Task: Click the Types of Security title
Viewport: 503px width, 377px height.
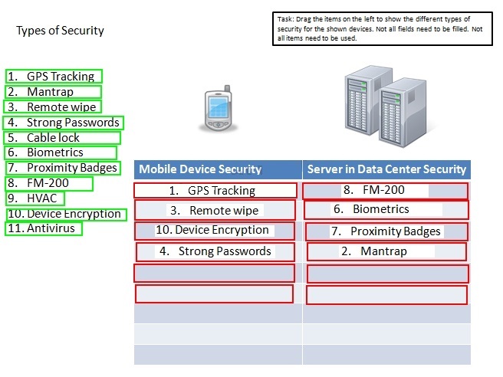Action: click(60, 31)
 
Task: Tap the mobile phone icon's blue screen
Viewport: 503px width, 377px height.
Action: click(219, 107)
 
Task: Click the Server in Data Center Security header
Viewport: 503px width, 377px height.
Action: click(386, 169)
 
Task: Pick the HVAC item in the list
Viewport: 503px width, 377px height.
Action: click(35, 198)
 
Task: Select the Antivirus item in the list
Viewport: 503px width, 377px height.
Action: click(44, 228)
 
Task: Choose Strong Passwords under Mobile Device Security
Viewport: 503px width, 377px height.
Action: click(215, 251)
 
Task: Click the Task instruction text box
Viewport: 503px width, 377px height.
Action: click(383, 29)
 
